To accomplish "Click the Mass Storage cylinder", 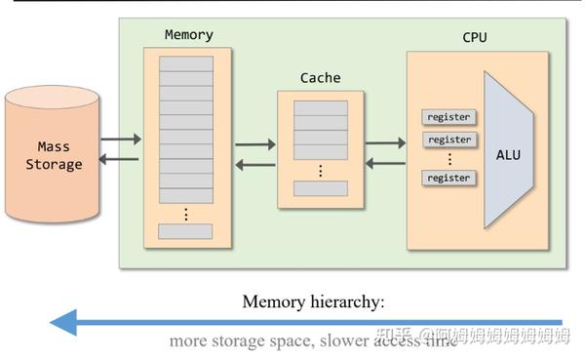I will pyautogui.click(x=54, y=156).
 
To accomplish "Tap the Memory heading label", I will pyautogui.click(x=188, y=34).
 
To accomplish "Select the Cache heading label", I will pyautogui.click(x=320, y=77).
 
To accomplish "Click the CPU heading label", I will pyautogui.click(x=475, y=38).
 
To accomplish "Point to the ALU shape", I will pyautogui.click(x=508, y=154).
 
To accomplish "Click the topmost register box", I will pyautogui.click(x=448, y=117).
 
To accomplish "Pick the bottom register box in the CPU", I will pyautogui.click(x=448, y=178).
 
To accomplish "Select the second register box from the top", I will pyautogui.click(x=448, y=140).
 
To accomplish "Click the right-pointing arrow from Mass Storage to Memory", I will pyautogui.click(x=121, y=139).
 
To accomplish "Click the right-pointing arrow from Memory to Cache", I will pyautogui.click(x=255, y=144).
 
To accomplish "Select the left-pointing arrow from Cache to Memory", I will pyautogui.click(x=255, y=164).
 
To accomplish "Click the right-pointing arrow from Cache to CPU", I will pyautogui.click(x=385, y=144).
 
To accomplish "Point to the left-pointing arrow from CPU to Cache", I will pyautogui.click(x=385, y=163).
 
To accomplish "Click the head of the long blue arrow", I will pyautogui.click(x=63, y=321).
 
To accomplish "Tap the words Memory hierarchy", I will pyautogui.click(x=313, y=301).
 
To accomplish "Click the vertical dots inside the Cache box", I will pyautogui.click(x=320, y=170).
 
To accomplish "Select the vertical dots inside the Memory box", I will pyautogui.click(x=185, y=213).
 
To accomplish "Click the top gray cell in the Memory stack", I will pyautogui.click(x=185, y=63).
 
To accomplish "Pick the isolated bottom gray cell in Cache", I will pyautogui.click(x=320, y=188).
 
